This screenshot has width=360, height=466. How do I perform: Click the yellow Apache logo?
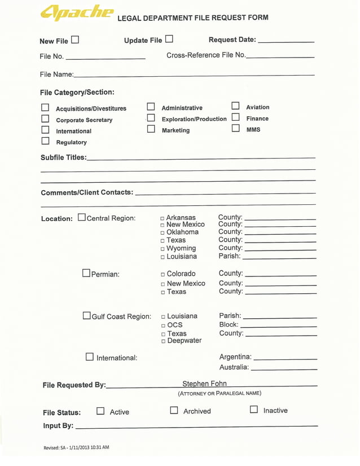pyautogui.click(x=76, y=14)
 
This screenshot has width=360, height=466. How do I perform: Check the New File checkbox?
pyautogui.click(x=75, y=40)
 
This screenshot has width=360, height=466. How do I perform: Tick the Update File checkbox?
pyautogui.click(x=169, y=39)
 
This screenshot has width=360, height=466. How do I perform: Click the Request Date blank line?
pyautogui.click(x=286, y=41)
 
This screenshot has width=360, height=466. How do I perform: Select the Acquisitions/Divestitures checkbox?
pyautogui.click(x=45, y=108)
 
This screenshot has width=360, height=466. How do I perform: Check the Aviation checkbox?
pyautogui.click(x=235, y=106)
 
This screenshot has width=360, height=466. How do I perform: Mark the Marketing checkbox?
pyautogui.click(x=151, y=129)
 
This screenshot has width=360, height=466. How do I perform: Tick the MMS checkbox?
pyautogui.click(x=235, y=129)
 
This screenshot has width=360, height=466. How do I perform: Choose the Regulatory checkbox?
pyautogui.click(x=45, y=141)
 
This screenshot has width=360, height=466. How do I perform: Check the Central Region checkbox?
pyautogui.click(x=82, y=217)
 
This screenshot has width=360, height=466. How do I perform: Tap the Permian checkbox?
pyautogui.click(x=86, y=273)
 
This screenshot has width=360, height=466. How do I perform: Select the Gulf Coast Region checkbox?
pyautogui.click(x=87, y=315)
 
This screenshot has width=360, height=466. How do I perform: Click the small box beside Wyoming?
pyautogui.click(x=163, y=249)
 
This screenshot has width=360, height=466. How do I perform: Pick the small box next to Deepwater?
pyautogui.click(x=163, y=341)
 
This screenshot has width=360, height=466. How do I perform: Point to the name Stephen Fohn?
pyautogui.click(x=204, y=384)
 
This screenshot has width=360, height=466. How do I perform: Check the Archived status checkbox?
pyautogui.click(x=174, y=411)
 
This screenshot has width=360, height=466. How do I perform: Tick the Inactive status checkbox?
pyautogui.click(x=254, y=410)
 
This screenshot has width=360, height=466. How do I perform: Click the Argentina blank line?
pyautogui.click(x=286, y=358)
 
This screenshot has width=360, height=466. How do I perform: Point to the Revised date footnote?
pyautogui.click(x=76, y=447)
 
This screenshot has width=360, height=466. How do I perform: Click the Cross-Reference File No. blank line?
pyautogui.click(x=280, y=56)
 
